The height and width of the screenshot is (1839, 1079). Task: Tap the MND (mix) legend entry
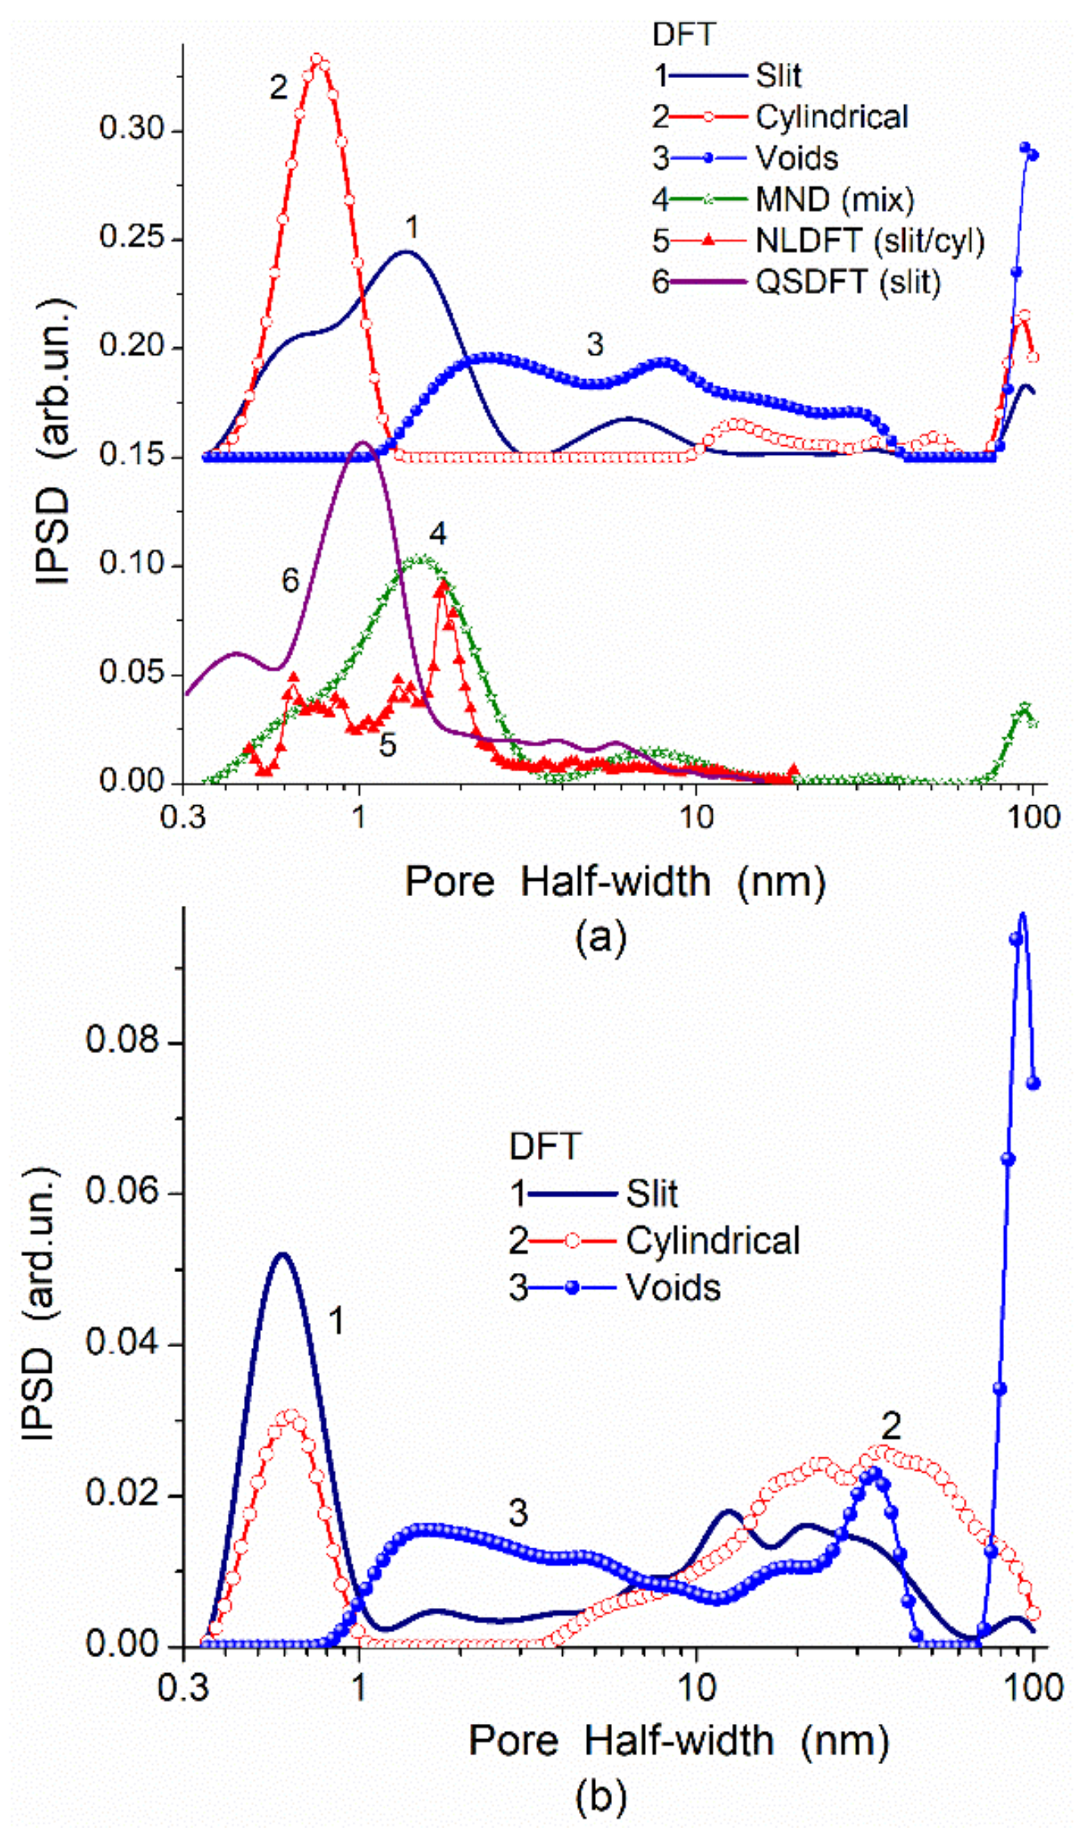coord(834,199)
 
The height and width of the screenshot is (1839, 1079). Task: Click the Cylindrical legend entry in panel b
coord(713,1240)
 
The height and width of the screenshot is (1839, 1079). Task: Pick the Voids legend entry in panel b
coord(673,1287)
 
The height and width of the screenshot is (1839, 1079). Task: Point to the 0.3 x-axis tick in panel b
coord(184,1688)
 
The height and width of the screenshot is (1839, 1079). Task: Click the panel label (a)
coord(601,936)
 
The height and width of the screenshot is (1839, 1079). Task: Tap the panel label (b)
coord(601,1796)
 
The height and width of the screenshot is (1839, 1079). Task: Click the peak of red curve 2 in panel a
coord(317,58)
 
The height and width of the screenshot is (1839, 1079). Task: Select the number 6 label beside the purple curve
coord(290,580)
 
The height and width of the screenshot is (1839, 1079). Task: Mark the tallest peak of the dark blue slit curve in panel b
coord(283,1254)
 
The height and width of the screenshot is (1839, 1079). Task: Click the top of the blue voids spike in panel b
coord(1022,913)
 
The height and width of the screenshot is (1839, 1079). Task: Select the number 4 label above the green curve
coord(437,533)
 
